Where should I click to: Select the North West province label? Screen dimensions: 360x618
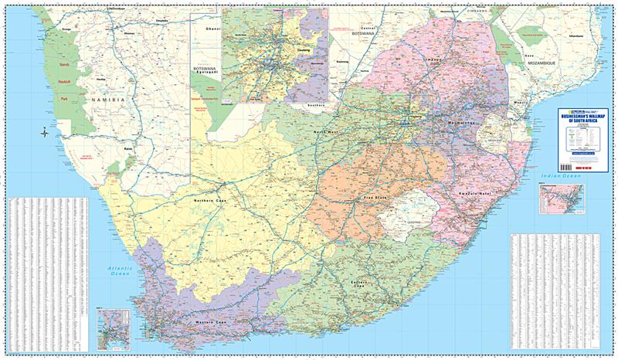click(325, 134)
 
